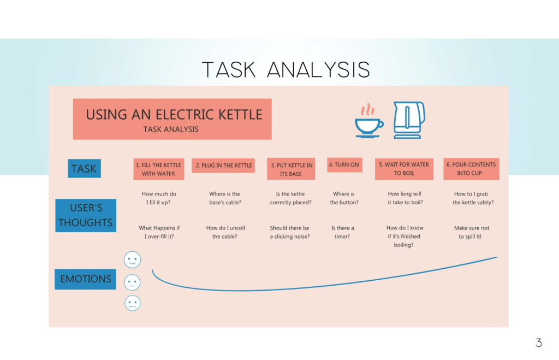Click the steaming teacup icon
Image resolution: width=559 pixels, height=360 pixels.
pos(369,121)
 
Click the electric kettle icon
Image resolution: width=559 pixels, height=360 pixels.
pos(409,120)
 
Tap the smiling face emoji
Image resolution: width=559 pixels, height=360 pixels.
pos(132,259)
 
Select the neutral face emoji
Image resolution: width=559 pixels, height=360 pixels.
pos(132,282)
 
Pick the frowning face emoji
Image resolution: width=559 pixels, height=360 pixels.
pos(132,303)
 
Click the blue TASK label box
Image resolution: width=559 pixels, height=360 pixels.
pos(84,168)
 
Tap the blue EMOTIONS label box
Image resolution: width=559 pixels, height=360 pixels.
pos(85,279)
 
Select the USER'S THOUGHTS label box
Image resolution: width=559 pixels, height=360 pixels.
pos(86,215)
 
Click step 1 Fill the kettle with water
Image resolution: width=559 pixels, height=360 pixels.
pos(158,169)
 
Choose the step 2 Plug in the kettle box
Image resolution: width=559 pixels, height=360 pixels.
pos(224,166)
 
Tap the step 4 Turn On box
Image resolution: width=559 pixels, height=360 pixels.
pos(344,164)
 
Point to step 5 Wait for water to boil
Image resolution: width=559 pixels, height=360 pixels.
pos(404,169)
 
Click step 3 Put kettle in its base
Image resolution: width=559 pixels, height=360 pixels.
pos(291,169)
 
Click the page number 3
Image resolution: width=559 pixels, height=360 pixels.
pos(538,343)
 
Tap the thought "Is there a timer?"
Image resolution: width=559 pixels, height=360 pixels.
pos(342,232)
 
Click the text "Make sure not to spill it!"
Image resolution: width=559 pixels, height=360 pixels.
pos(472,232)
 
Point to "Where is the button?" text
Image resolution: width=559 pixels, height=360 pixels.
pos(344,198)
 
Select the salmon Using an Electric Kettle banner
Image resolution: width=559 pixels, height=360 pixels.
pos(173,119)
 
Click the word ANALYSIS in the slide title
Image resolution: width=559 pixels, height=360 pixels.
pos(319,70)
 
